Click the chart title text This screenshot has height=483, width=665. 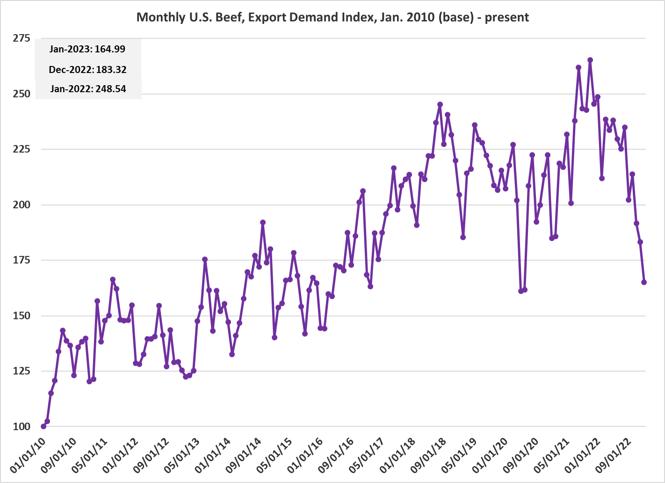point(332,17)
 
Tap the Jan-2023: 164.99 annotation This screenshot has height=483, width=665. point(87,49)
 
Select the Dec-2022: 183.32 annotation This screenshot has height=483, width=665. point(87,70)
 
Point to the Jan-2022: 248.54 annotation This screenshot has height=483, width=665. point(88,89)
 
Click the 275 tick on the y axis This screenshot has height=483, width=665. point(22,38)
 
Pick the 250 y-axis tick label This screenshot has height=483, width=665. point(22,94)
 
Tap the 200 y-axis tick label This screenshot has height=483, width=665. point(22,205)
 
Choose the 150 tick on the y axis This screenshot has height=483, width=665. point(22,316)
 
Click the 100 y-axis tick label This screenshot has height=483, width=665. point(22,426)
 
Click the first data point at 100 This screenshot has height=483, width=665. point(43,426)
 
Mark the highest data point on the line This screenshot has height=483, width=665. point(590,60)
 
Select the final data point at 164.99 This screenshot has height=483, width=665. point(644,282)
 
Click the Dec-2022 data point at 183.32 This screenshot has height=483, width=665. point(640,242)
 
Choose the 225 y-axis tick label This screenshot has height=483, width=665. point(22,149)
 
